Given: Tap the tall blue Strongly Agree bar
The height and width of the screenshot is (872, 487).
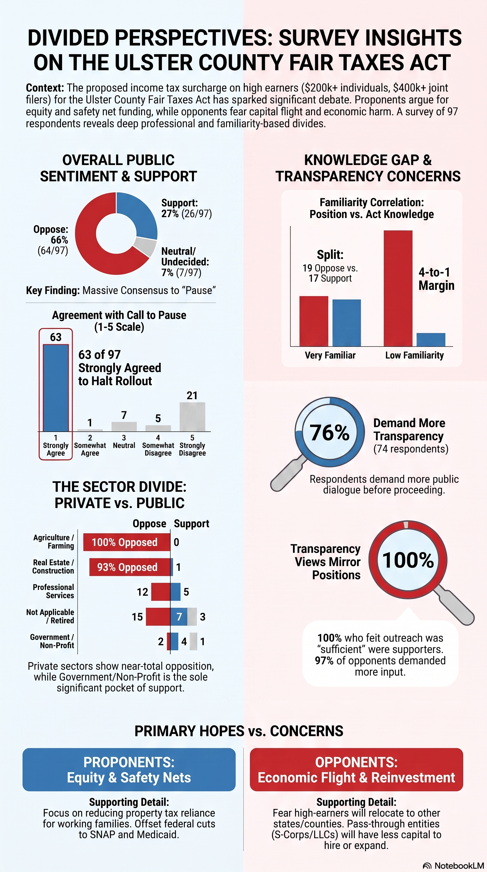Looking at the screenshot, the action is [x=56, y=388].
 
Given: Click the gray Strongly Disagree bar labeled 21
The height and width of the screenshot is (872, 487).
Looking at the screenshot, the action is [x=192, y=417].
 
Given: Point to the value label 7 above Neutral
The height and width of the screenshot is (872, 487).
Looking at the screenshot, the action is [x=124, y=415].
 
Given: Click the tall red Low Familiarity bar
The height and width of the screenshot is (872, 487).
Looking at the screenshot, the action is [x=398, y=288].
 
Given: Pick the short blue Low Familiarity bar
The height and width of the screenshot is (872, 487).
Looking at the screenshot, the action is [x=431, y=340].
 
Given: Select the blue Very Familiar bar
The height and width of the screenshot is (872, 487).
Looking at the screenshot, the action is [x=347, y=323].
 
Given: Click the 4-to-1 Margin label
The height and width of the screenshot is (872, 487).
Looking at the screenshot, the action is [x=436, y=279].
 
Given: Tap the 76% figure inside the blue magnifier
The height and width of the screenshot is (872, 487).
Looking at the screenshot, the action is [x=329, y=433].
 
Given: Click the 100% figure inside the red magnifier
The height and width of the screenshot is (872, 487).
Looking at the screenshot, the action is [x=408, y=560].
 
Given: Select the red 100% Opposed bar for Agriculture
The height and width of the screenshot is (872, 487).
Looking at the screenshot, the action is [x=127, y=542].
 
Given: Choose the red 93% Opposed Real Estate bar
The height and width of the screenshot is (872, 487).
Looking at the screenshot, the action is [x=130, y=567].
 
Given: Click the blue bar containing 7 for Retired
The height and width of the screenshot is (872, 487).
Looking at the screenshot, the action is [x=179, y=617].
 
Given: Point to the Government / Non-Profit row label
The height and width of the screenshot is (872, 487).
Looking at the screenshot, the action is [x=52, y=641].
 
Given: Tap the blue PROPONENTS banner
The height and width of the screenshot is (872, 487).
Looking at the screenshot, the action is [x=129, y=769].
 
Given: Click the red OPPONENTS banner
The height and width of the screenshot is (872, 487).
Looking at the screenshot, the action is [x=356, y=769].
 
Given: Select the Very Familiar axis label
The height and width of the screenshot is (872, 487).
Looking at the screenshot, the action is [x=330, y=355].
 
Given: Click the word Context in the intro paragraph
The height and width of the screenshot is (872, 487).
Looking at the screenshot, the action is [x=45, y=88].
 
